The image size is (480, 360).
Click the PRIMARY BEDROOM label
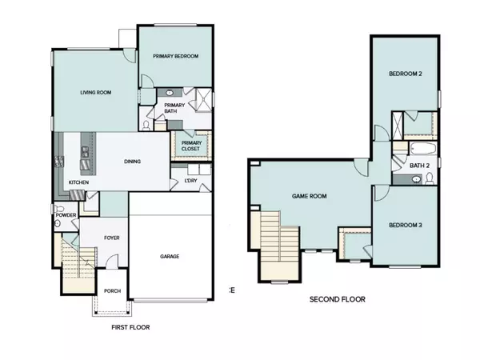175,56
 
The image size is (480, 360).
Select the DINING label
133,162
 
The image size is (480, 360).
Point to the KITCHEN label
78,183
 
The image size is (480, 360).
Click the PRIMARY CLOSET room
191,145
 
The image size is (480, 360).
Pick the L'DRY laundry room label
190,181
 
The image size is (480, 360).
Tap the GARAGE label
169,256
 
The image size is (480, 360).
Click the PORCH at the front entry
112,291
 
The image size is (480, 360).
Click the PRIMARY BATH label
174,109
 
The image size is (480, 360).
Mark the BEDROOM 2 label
405,74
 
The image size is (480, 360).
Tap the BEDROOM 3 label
405,225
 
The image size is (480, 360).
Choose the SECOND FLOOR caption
337,299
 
